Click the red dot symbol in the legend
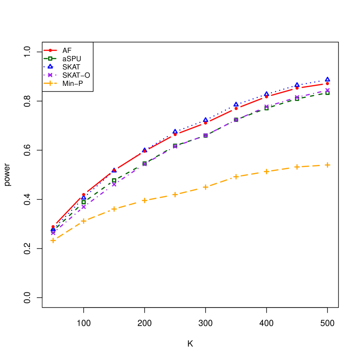click(50, 50)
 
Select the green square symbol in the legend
click(50, 59)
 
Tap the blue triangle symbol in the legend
click(50, 66)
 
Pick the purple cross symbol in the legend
click(50, 75)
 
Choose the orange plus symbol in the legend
click(50, 83)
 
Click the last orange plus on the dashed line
click(327, 165)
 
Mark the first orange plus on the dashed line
click(53, 240)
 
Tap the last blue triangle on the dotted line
click(327, 79)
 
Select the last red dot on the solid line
click(327, 84)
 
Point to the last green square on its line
click(327, 93)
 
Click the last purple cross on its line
click(327, 90)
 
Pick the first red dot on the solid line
click(53, 227)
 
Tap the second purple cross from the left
click(84, 207)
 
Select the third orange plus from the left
click(114, 209)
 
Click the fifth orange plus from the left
click(175, 194)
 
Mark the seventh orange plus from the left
click(236, 177)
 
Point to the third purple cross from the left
click(114, 184)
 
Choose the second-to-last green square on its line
click(297, 99)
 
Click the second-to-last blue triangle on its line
click(297, 85)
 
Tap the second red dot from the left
click(84, 195)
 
